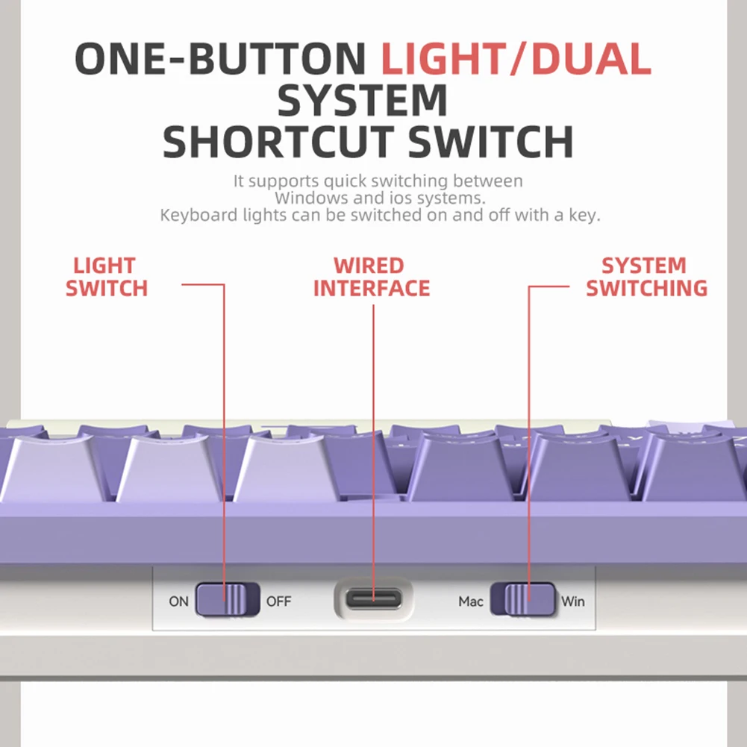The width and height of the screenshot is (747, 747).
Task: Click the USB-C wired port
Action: click(373, 598)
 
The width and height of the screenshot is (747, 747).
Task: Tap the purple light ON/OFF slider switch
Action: click(228, 599)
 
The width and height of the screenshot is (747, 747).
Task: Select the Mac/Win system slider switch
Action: click(522, 599)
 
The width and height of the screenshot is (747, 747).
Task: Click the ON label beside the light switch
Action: click(178, 601)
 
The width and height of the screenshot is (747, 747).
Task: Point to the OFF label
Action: click(278, 601)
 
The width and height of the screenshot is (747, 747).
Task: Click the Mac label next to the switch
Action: click(471, 601)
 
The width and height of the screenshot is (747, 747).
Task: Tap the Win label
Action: click(572, 601)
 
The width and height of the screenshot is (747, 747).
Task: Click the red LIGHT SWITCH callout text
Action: click(106, 278)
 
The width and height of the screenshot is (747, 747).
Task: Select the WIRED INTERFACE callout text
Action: click(371, 278)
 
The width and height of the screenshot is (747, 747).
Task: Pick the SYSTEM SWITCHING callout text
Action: click(646, 278)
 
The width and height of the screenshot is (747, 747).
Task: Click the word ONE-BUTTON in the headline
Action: click(220, 59)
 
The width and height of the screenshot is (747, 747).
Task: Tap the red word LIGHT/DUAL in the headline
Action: click(516, 59)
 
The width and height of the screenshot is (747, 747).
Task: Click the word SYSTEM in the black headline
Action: click(363, 100)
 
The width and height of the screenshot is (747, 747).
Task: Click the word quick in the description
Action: click(345, 181)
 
